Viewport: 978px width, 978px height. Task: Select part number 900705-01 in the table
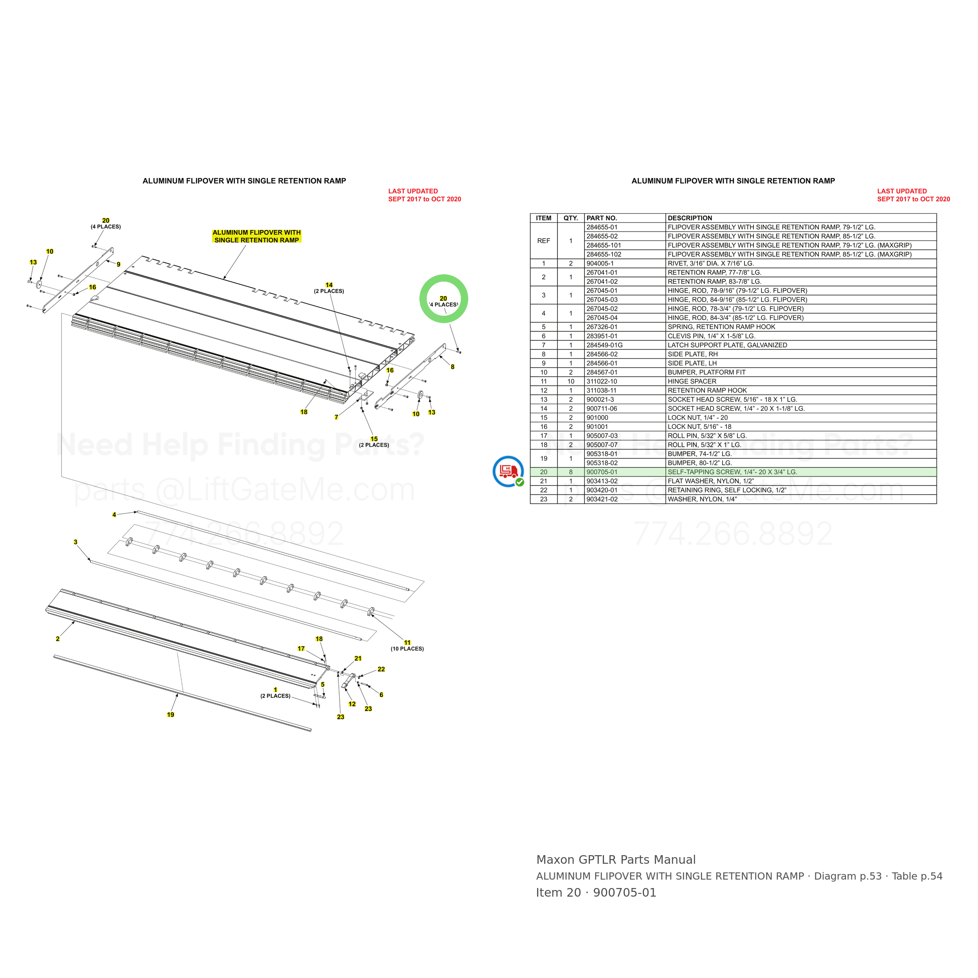[602, 472]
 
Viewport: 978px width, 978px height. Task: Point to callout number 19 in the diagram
[171, 715]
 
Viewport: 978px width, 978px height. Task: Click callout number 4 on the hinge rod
[114, 515]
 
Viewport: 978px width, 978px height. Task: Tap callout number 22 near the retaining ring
[381, 669]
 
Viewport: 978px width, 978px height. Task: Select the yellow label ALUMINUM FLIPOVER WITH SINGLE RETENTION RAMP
[257, 236]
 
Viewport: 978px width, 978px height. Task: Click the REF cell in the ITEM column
[544, 241]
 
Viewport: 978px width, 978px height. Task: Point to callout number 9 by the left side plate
[119, 264]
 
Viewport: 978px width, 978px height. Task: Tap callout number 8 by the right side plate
[453, 367]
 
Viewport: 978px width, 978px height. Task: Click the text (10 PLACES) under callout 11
[407, 649]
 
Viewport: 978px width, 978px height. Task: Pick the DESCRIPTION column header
[689, 218]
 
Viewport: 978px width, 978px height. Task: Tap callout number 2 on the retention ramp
[58, 639]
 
